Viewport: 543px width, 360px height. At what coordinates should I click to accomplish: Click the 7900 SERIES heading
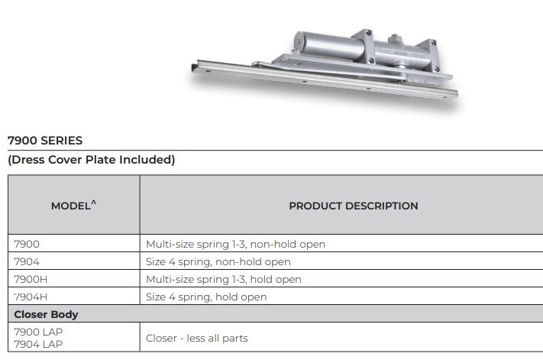[45, 141]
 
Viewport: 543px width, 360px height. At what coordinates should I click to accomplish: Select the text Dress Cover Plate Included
[92, 160]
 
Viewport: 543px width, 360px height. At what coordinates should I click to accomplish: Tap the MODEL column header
[71, 206]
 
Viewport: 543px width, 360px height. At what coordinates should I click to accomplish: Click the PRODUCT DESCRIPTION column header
[354, 206]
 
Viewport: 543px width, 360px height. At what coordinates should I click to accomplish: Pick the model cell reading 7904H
[31, 297]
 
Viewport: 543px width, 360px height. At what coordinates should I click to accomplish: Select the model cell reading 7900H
[31, 279]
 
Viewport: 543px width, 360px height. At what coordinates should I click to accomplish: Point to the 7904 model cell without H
[27, 261]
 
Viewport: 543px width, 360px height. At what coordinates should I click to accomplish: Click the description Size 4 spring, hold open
[206, 297]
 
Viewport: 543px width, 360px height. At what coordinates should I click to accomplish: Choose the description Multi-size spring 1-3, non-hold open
[235, 245]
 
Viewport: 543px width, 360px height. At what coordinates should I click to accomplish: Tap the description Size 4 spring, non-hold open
[218, 261]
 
